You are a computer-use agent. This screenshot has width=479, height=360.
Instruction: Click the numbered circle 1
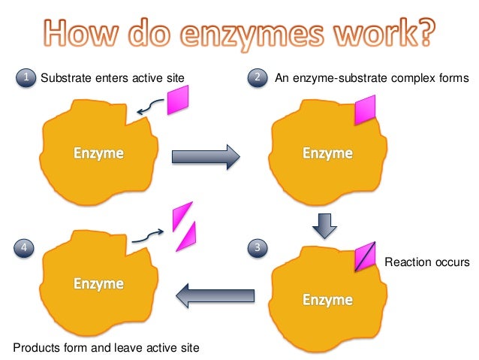pos(26,77)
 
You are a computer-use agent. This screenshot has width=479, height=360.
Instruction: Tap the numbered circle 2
pos(258,77)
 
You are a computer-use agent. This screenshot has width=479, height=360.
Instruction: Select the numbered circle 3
pos(258,246)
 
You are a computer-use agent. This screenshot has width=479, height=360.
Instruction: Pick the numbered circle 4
pos(26,246)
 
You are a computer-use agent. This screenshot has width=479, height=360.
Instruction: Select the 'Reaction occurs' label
pos(426,262)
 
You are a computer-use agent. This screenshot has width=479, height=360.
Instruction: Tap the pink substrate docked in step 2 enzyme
pos(365,110)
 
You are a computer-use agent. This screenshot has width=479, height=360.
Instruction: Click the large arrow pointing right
pos(204,156)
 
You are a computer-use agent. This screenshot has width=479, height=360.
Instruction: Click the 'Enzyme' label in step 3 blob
pos(327,300)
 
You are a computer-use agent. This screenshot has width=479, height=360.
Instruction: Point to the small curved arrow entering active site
pos(152,110)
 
